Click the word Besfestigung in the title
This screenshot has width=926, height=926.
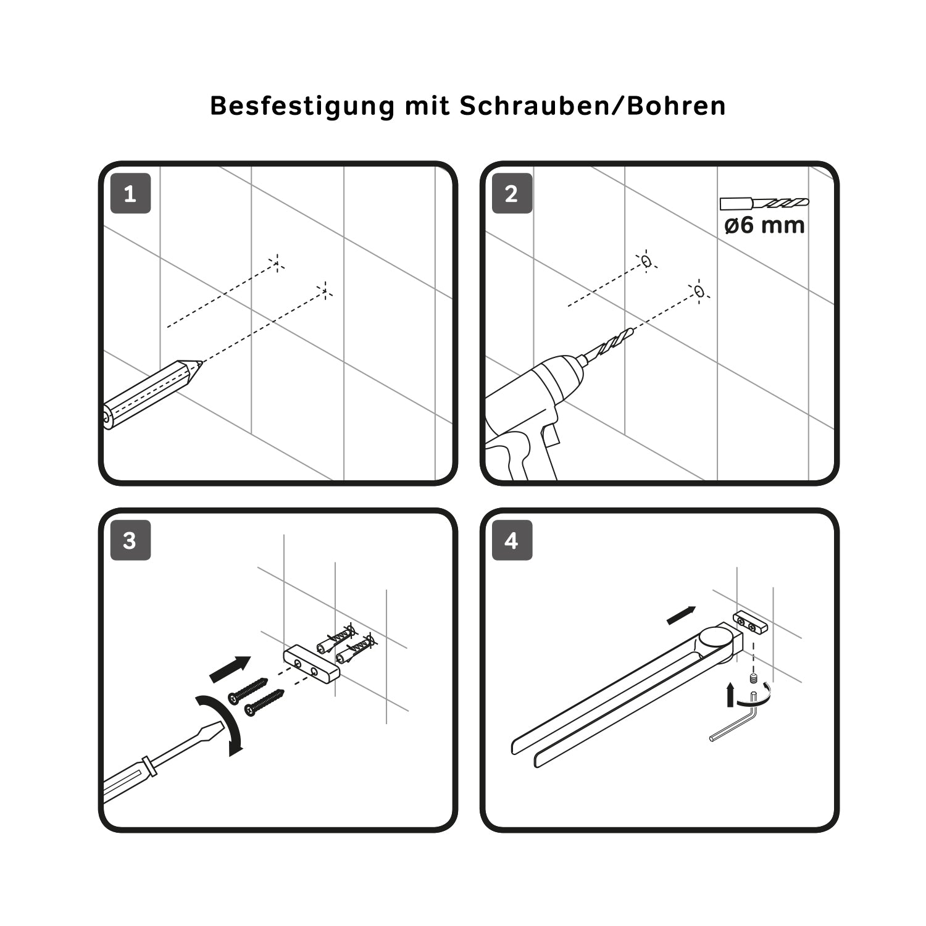302,106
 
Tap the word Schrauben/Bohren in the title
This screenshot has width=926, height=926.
593,106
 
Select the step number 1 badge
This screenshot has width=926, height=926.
130,194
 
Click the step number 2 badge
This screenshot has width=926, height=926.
512,194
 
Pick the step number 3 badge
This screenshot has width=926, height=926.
130,541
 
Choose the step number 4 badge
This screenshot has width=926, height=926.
512,541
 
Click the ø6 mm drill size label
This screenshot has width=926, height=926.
764,225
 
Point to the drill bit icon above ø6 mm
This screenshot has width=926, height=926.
764,203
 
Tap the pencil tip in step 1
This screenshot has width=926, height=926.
199,364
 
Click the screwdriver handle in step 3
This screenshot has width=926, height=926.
127,779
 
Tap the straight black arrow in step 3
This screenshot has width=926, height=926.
230,669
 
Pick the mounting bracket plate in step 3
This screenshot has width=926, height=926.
312,663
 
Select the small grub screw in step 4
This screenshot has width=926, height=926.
754,679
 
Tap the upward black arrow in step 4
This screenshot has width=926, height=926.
732,694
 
